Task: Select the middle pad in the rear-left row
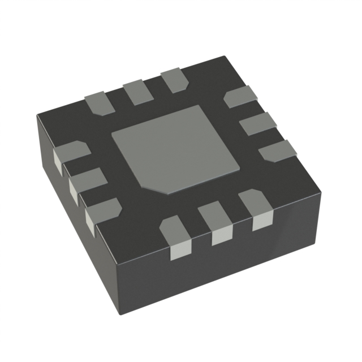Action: click(136, 92)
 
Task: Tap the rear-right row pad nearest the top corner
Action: click(240, 97)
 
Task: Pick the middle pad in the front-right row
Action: click(218, 222)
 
